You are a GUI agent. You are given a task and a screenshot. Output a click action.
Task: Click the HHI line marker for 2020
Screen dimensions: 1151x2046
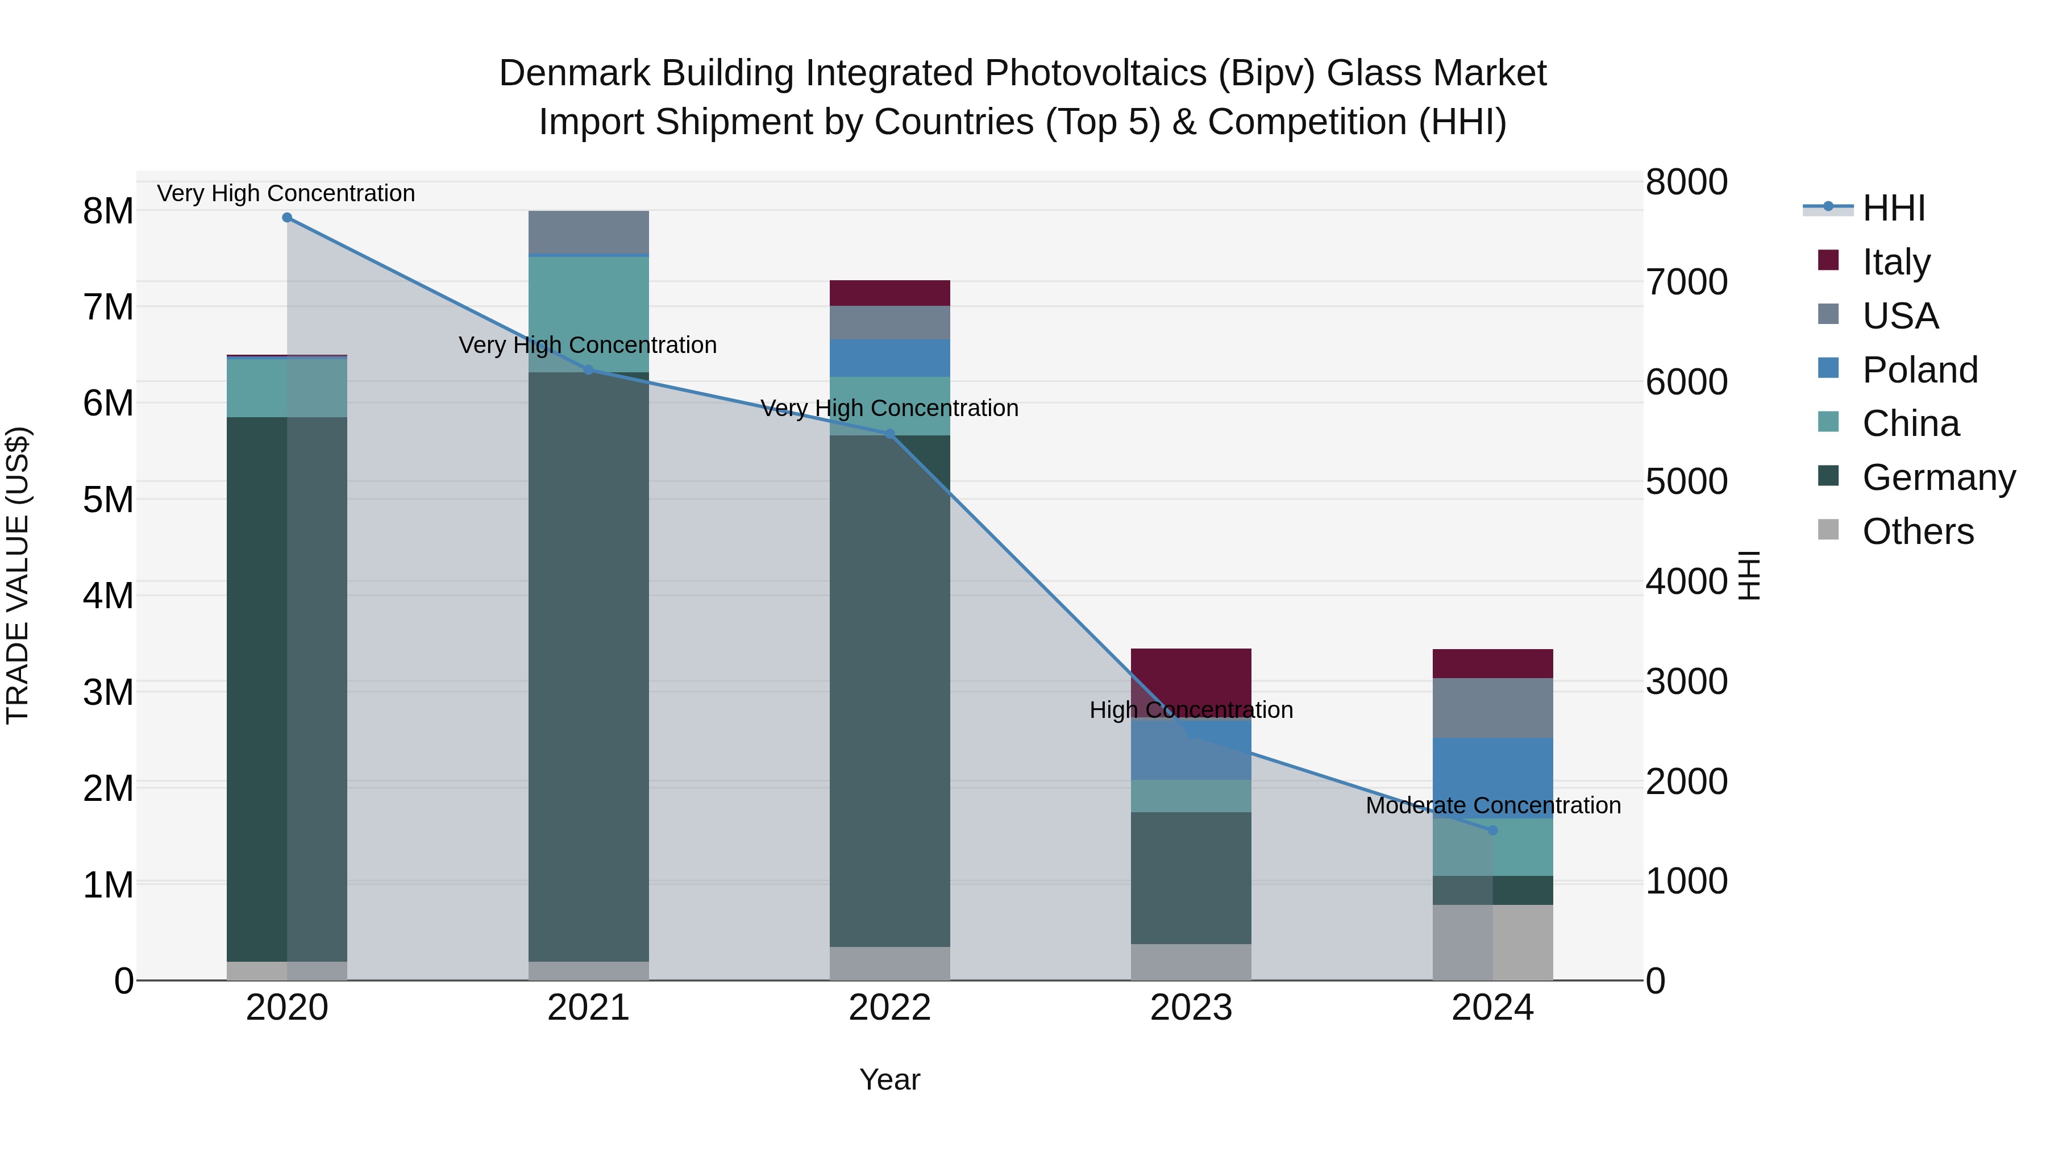287,218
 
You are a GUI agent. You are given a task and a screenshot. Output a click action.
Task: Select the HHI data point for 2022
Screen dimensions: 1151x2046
889,434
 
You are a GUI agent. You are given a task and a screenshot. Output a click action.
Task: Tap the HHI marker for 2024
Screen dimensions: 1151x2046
1492,830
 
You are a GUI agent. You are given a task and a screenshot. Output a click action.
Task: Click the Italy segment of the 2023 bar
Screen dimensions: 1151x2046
1191,675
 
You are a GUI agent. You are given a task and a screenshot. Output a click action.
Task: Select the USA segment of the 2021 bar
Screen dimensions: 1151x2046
589,232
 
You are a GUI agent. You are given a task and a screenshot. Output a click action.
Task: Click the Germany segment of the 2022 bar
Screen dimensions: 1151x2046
889,691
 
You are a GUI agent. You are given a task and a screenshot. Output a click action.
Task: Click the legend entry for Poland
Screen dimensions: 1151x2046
1920,370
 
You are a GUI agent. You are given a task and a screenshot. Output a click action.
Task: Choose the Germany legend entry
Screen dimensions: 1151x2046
1938,477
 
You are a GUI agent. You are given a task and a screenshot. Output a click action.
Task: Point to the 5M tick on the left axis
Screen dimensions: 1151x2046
109,500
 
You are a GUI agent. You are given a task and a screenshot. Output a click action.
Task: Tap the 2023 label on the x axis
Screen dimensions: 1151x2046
1191,1007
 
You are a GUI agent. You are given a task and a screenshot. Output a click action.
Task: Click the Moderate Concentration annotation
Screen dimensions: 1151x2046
1492,805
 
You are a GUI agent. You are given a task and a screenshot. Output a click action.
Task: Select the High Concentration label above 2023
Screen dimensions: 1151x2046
1191,709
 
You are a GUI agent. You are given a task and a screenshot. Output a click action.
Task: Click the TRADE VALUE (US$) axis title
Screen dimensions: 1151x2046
18,575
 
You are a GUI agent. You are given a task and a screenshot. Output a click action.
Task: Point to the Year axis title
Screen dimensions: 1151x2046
889,1079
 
